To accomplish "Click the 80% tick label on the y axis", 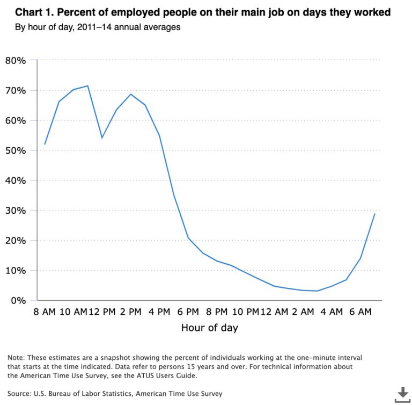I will [x=16, y=60].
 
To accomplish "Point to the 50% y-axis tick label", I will [x=16, y=150].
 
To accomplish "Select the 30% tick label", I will [x=16, y=211].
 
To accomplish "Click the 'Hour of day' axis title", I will [x=210, y=328].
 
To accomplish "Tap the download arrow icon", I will [x=402, y=394].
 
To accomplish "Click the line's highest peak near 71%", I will [x=87, y=86].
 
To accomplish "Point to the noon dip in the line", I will [x=102, y=138].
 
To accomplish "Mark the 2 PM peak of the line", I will [x=130, y=95].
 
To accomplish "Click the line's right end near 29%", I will [x=374, y=214].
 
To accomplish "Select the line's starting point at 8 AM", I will [x=45, y=144].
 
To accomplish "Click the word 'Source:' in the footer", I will [x=21, y=394].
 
